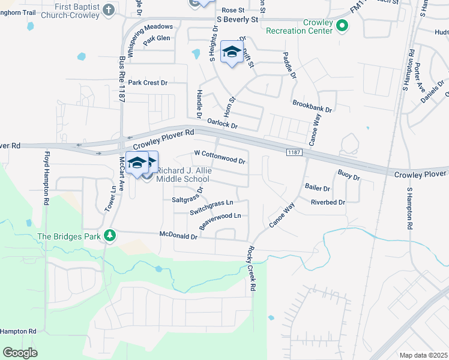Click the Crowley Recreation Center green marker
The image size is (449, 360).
(342, 26)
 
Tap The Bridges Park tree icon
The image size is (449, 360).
(109, 236)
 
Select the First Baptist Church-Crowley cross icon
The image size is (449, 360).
(108, 10)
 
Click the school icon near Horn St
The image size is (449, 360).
(231, 52)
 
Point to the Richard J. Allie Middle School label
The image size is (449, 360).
(183, 175)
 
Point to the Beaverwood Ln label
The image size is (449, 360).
(220, 220)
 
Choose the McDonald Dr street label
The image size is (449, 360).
(178, 236)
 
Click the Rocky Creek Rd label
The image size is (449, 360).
(251, 269)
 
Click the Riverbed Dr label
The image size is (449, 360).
(328, 202)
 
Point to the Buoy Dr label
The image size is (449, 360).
(348, 176)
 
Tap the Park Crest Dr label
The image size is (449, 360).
(148, 82)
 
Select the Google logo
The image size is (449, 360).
(20, 353)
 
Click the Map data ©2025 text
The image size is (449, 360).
(423, 355)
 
